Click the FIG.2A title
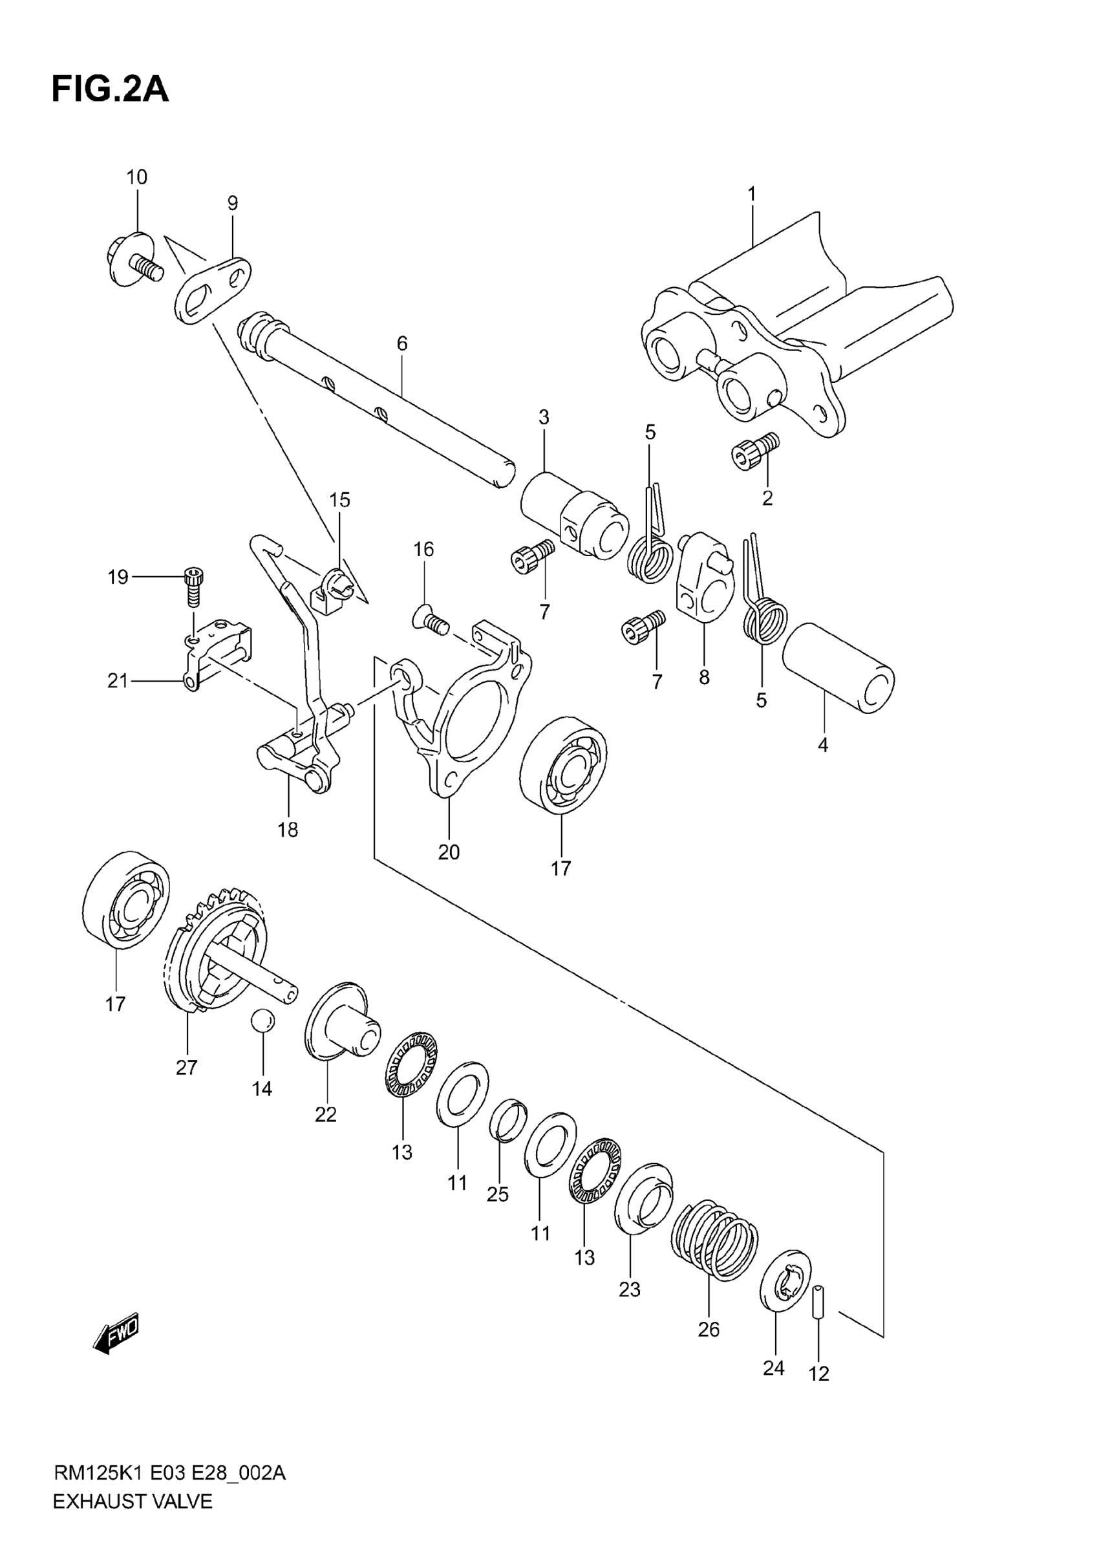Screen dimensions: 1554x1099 click(111, 89)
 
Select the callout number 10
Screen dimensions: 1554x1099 click(136, 177)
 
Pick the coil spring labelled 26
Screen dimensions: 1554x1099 click(714, 1240)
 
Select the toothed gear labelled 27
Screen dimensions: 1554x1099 click(213, 955)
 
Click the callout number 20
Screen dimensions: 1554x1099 click(449, 852)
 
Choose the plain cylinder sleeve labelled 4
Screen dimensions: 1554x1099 click(838, 669)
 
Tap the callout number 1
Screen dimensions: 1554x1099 click(751, 194)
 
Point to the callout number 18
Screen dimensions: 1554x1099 click(288, 830)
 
